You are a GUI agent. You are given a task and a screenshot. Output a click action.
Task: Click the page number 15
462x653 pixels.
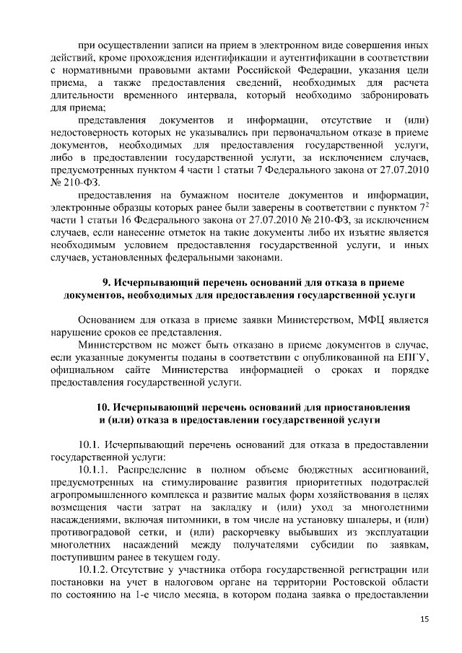pyautogui.click(x=424, y=620)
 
